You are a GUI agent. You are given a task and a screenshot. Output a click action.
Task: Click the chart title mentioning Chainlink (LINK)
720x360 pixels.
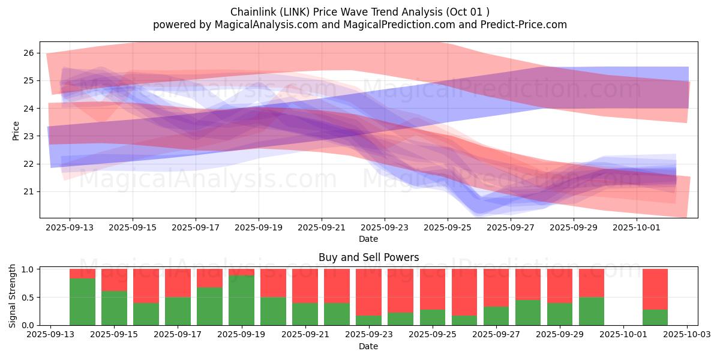[359, 12]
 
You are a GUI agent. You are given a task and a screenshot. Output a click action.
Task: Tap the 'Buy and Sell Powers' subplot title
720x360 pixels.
[368, 257]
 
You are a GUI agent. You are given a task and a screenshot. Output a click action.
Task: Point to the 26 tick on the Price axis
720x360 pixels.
[28, 53]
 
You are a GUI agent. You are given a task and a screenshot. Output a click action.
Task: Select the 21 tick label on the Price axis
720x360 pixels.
[28, 191]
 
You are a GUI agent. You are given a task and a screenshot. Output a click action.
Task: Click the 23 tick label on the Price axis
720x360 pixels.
[28, 136]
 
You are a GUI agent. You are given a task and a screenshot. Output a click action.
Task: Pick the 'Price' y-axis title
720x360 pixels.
[16, 131]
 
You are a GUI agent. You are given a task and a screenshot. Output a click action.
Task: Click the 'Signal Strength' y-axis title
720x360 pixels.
[13, 296]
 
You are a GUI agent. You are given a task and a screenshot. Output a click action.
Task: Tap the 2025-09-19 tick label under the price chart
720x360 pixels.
[259, 228]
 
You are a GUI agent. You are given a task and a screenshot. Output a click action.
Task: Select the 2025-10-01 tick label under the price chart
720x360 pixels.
[637, 228]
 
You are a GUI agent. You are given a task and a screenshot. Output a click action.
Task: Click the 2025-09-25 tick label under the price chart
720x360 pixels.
[448, 228]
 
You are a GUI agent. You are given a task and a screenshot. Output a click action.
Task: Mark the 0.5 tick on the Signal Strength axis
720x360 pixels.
[28, 297]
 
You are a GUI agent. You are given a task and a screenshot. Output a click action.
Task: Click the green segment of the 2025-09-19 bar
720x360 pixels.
[241, 300]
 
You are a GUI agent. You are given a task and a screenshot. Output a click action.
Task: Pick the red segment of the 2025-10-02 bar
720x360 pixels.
[655, 289]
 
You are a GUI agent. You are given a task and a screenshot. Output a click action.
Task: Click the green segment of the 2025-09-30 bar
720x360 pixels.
[592, 311]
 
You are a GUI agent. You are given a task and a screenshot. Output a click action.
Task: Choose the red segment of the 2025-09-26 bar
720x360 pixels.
[464, 292]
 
